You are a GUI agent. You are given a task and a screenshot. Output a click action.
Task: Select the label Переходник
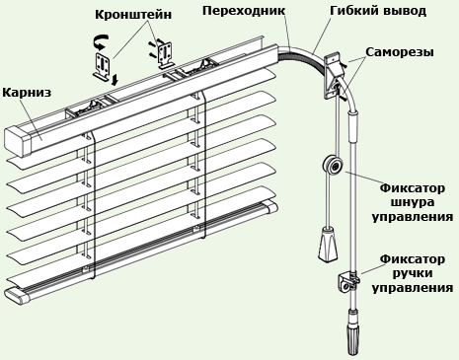244,10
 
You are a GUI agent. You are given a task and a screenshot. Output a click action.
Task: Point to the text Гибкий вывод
366,11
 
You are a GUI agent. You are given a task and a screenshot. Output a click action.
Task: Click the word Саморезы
399,51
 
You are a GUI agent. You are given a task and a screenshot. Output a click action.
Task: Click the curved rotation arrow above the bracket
100,42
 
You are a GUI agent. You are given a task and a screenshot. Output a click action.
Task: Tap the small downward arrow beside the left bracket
115,79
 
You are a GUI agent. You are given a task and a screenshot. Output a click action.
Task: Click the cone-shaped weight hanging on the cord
327,243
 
